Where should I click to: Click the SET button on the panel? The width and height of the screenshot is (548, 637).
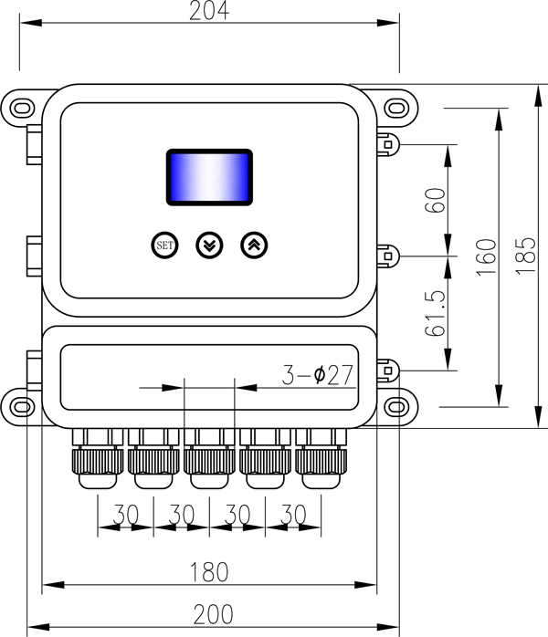pyautogui.click(x=164, y=245)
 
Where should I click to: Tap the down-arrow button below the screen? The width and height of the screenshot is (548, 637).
pyautogui.click(x=209, y=245)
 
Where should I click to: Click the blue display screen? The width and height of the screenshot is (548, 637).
pyautogui.click(x=208, y=176)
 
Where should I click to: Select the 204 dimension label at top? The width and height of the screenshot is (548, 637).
pyautogui.click(x=208, y=12)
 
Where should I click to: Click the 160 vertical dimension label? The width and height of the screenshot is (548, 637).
pyautogui.click(x=486, y=256)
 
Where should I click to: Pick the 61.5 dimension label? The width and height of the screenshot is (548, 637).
pyautogui.click(x=436, y=313)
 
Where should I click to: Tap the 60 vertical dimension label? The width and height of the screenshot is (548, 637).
pyautogui.click(x=436, y=201)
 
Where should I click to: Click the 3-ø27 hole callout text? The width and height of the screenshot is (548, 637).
pyautogui.click(x=317, y=375)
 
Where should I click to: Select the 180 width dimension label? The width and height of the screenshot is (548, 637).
pyautogui.click(x=208, y=572)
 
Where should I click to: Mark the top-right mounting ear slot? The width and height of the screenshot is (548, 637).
pyautogui.click(x=395, y=107)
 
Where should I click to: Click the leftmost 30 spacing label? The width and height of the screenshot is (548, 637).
pyautogui.click(x=126, y=515)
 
